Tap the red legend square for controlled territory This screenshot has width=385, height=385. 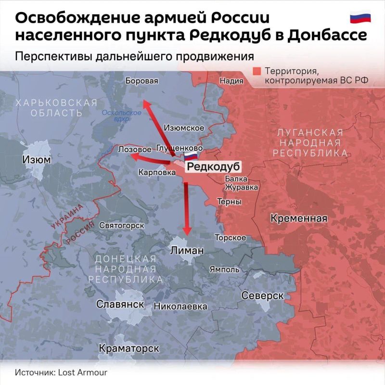(x=257, y=71)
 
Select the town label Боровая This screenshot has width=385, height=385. (x=141, y=81)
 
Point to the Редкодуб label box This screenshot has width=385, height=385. (x=212, y=167)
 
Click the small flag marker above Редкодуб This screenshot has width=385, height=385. (x=191, y=156)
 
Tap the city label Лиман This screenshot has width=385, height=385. (x=187, y=251)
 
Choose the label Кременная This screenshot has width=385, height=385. (x=299, y=218)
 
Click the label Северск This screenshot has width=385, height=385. (x=262, y=295)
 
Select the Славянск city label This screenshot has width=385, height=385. (x=120, y=304)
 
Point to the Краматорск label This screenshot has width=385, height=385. (x=129, y=347)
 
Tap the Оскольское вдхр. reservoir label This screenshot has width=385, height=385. (x=122, y=115)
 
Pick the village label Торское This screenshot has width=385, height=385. (x=230, y=238)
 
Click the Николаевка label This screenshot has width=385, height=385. (x=180, y=306)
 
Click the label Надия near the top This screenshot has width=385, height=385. (x=231, y=81)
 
